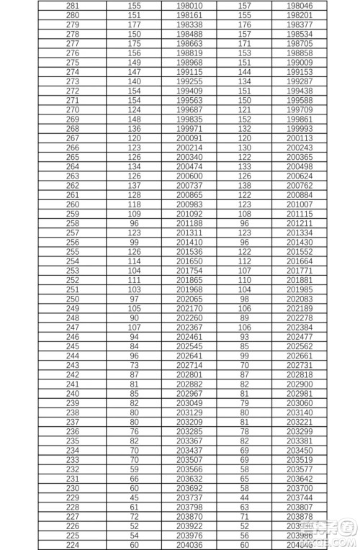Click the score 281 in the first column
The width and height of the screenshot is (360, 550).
coord(72,5)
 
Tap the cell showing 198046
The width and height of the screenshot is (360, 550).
coord(299,5)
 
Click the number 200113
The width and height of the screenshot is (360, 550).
coord(299,137)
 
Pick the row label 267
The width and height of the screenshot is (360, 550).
coord(72,137)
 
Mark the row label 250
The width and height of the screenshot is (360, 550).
coord(72,298)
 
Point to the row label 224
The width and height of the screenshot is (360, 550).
coord(72,544)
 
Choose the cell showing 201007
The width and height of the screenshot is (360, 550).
coord(299,204)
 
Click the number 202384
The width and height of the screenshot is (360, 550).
coord(299,327)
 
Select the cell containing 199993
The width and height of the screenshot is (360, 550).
coord(299,128)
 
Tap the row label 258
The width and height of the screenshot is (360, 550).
coord(72,222)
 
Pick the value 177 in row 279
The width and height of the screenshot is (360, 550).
coord(134,24)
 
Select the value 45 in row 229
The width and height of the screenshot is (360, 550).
coord(134,497)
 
